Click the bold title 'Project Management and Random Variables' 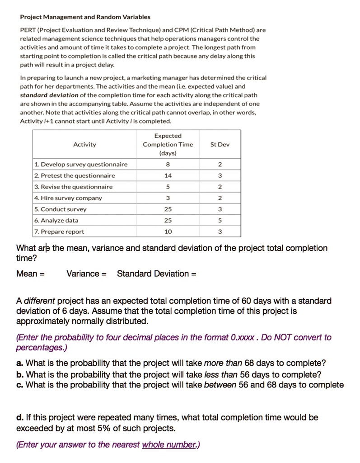pyautogui.click(x=85, y=17)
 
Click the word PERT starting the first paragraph pyautogui.click(x=28, y=30)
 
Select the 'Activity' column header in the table pyautogui.click(x=84, y=145)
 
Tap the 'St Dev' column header pyautogui.click(x=220, y=145)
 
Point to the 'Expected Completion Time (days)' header pyautogui.click(x=168, y=145)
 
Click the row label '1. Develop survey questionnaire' pyautogui.click(x=81, y=165)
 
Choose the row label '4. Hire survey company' pyautogui.click(x=68, y=198)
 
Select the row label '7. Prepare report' pyautogui.click(x=59, y=232)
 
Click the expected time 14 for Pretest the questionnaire pyautogui.click(x=168, y=176)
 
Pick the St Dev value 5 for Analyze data pyautogui.click(x=220, y=221)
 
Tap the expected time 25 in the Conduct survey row pyautogui.click(x=168, y=209)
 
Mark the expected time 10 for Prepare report pyautogui.click(x=168, y=232)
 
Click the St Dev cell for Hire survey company pyautogui.click(x=220, y=198)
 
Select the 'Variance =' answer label pyautogui.click(x=86, y=274)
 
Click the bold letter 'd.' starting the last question pyautogui.click(x=20, y=417)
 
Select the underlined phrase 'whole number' pyautogui.click(x=169, y=445)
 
